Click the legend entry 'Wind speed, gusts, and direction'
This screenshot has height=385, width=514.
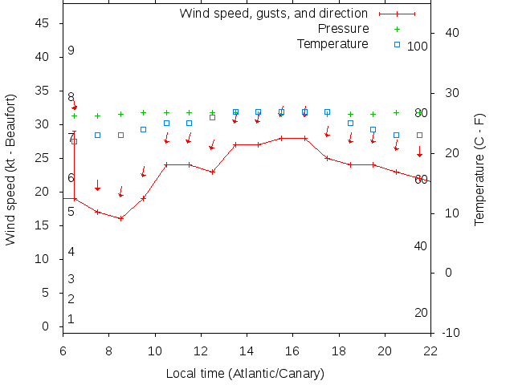click(273, 14)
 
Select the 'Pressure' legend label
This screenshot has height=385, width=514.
click(343, 29)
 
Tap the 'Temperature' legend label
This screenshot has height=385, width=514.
click(332, 43)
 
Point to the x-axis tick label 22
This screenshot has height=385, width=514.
click(430, 350)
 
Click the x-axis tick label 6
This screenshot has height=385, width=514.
click(63, 350)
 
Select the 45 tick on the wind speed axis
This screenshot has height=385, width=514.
click(43, 24)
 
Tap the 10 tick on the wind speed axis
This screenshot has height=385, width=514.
click(43, 259)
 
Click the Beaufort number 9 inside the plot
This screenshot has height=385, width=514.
click(71, 51)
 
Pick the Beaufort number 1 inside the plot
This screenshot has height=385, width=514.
click(71, 319)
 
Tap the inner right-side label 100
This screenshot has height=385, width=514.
click(418, 47)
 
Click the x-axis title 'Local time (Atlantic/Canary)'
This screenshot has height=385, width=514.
click(245, 374)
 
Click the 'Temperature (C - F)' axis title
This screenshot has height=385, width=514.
click(479, 169)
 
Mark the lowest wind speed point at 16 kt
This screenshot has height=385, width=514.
click(120, 218)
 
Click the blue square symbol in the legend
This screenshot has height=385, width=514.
click(397, 43)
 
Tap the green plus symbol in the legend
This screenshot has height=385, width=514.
click(397, 29)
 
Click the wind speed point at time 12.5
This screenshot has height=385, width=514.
click(212, 172)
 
